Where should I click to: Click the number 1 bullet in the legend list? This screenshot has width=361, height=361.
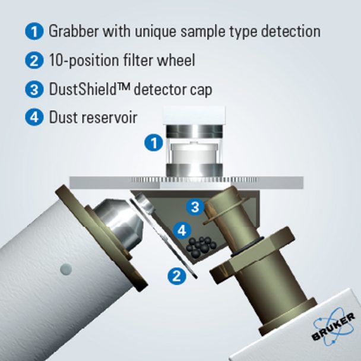point(34,31)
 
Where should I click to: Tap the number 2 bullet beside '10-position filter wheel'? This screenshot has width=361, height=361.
point(34,60)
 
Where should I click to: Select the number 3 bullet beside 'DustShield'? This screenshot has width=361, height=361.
point(34,89)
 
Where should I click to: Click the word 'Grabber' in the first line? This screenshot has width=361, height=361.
point(74,31)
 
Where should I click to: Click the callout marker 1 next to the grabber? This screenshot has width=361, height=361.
point(154,142)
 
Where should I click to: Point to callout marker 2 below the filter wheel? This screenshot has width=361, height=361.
point(176,275)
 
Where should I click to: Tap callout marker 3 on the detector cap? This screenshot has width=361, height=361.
point(195,206)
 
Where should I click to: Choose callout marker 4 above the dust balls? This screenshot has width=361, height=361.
point(182,230)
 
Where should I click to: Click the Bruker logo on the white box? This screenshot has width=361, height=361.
point(332,327)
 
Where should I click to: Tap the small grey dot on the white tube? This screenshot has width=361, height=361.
point(66,269)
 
